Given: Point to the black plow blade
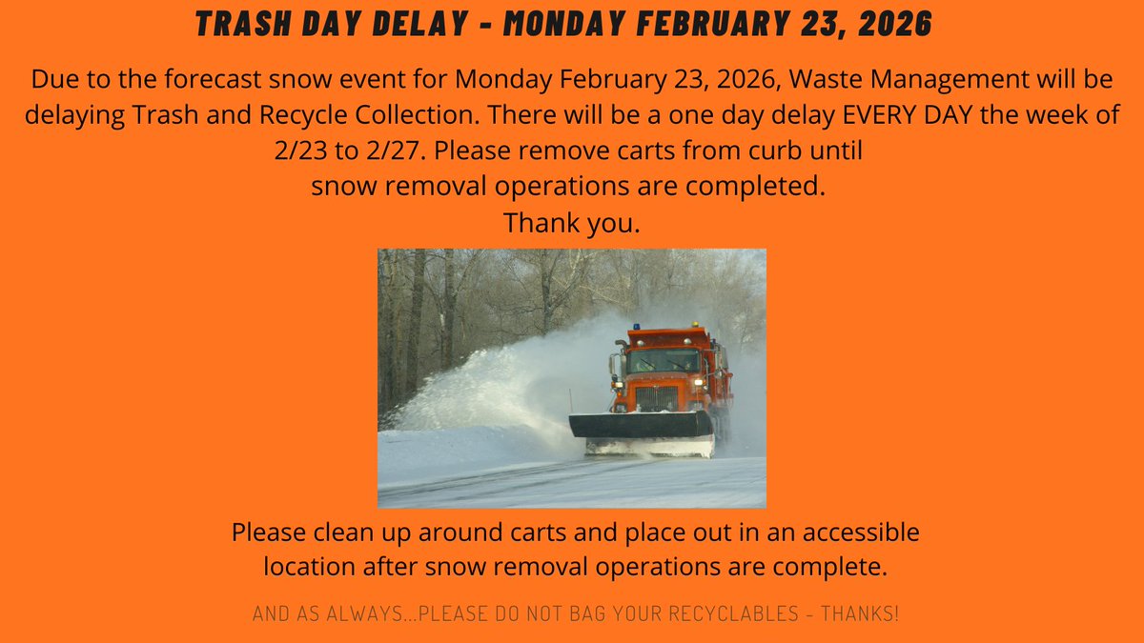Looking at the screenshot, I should (641, 425).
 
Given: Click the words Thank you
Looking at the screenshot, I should (571, 224).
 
